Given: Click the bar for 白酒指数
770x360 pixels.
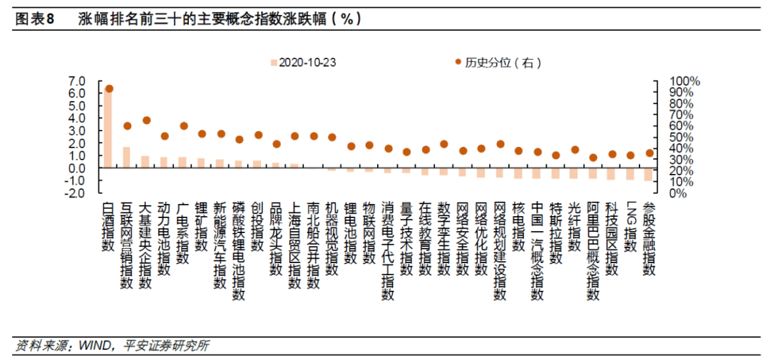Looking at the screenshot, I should (108, 128).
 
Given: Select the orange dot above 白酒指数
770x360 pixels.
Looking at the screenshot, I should (109, 89).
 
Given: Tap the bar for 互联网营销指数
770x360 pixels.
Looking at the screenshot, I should (126, 158).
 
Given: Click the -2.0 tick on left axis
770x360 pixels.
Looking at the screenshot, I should (75, 193).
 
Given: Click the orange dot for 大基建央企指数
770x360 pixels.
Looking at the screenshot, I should (146, 120).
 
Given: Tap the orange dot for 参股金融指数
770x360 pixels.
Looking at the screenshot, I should (649, 153).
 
